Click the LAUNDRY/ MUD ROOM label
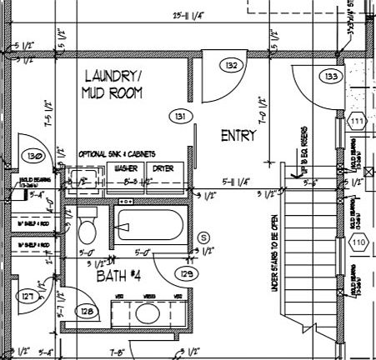(x=111, y=84)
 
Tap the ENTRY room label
(x=238, y=136)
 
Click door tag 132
(x=231, y=65)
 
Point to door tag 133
(x=332, y=77)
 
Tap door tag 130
(x=34, y=156)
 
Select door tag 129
(x=188, y=272)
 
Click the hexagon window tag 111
(x=358, y=122)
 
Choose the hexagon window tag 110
(x=358, y=243)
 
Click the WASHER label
(x=126, y=167)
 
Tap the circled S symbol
(x=202, y=237)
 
